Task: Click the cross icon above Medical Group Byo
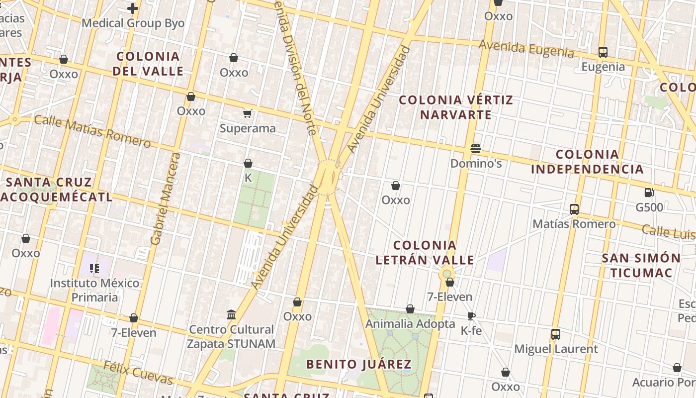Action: click(x=133, y=8)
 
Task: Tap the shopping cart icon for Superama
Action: click(x=248, y=113)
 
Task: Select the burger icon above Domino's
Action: click(x=476, y=148)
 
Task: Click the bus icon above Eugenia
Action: click(x=603, y=52)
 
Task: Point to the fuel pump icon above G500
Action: click(x=649, y=193)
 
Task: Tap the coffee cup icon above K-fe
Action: click(x=471, y=316)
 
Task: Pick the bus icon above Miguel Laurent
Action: click(x=556, y=334)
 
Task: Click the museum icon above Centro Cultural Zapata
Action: click(x=231, y=314)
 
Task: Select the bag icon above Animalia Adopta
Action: click(x=410, y=309)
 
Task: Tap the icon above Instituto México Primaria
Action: click(x=94, y=269)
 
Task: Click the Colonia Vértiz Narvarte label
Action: click(x=456, y=107)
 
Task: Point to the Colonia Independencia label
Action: click(x=587, y=162)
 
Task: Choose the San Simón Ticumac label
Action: click(x=641, y=265)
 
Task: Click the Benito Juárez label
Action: click(x=358, y=364)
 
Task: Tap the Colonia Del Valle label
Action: click(x=148, y=63)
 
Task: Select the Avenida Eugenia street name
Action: click(x=526, y=49)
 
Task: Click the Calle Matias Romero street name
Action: click(x=92, y=131)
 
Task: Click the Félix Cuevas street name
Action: click(x=138, y=373)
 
